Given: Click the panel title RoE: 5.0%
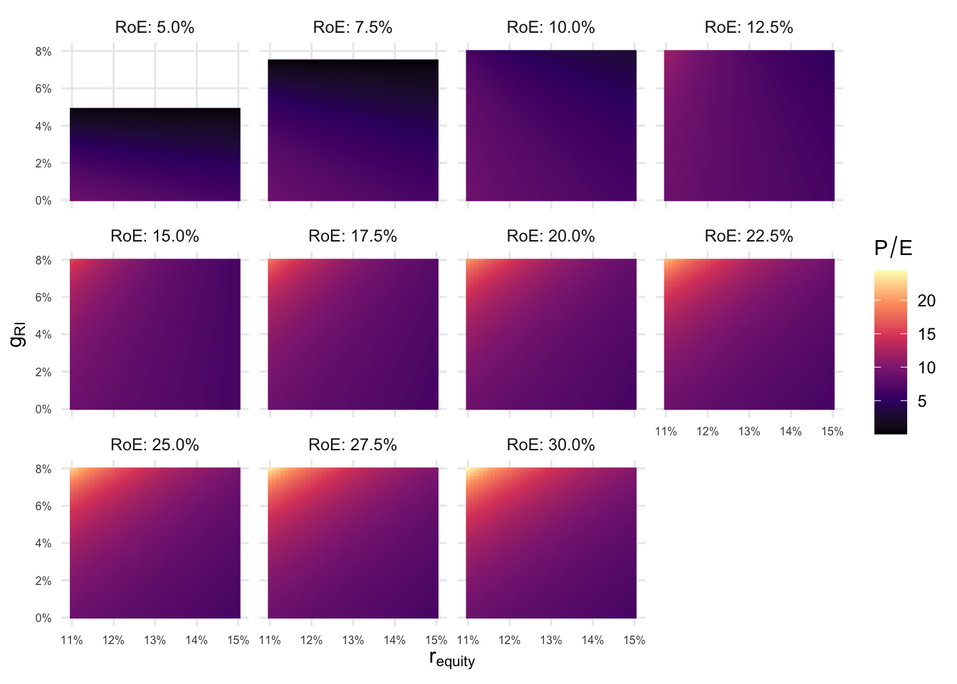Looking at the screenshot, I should click(155, 28).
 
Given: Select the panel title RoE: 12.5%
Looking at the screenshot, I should click(748, 28).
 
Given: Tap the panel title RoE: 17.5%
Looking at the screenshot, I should click(352, 237).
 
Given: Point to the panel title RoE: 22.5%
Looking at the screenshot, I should click(748, 237).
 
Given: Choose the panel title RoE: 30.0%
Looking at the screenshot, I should click(550, 445).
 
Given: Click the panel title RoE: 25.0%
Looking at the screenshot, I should click(155, 445).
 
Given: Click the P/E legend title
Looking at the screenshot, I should click(893, 248).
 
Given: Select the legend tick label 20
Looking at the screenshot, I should click(926, 301).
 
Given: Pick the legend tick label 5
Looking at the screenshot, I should click(922, 401).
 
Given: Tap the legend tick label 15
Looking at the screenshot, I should click(926, 334).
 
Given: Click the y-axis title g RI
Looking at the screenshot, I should click(19, 335).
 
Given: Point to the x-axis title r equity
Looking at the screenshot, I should click(451, 659).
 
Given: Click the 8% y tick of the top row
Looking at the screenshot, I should click(43, 52).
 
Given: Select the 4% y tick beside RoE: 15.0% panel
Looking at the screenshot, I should click(43, 335).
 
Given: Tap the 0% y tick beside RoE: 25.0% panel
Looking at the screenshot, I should click(43, 618).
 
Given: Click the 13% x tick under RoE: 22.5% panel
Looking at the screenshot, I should click(749, 432).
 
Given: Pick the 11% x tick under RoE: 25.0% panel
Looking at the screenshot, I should click(71, 641).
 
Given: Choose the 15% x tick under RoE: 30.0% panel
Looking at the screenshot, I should click(634, 641).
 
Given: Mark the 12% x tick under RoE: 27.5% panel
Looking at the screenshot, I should click(311, 641).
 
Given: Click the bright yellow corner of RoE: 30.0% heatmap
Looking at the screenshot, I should click(469, 471).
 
